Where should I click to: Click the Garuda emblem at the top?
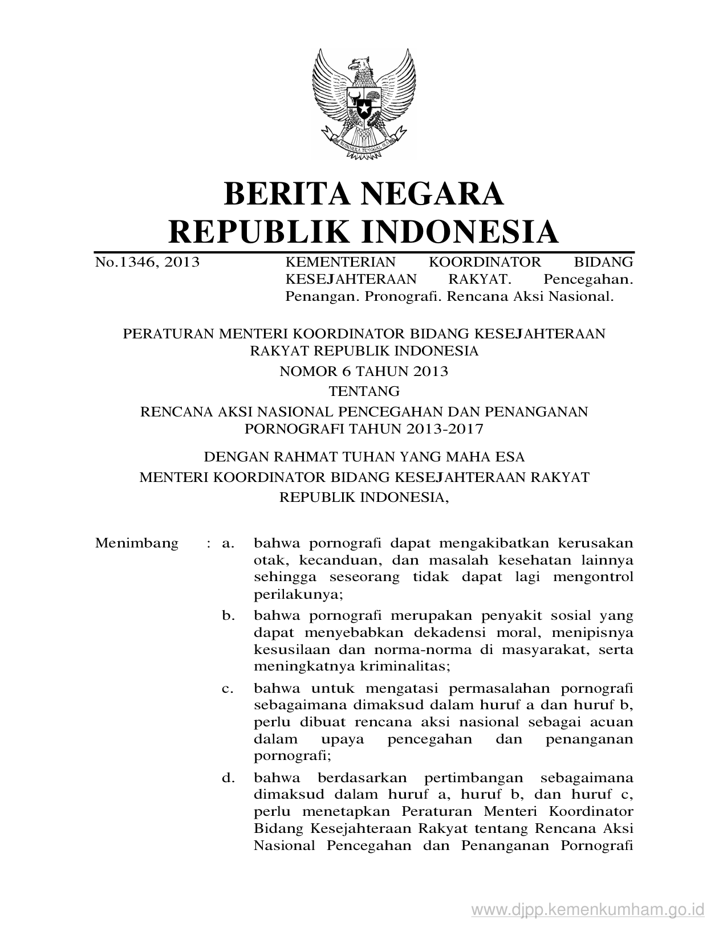(364, 103)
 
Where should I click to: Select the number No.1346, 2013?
(147, 262)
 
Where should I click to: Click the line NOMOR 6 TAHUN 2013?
(364, 371)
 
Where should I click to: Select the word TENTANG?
(364, 391)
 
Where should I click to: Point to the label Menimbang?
(137, 542)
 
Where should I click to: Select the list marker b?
(228, 615)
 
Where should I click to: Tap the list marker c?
(228, 688)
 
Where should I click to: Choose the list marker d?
(228, 778)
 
